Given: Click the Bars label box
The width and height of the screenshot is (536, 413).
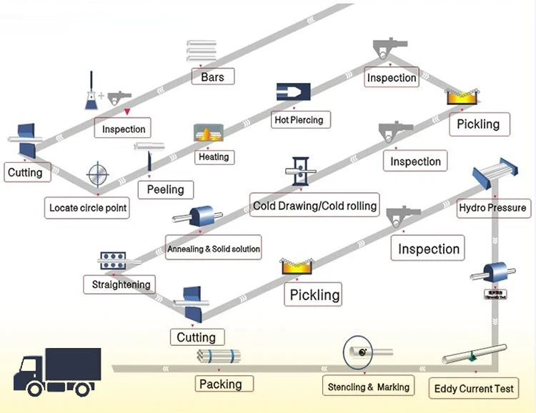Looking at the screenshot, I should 213,76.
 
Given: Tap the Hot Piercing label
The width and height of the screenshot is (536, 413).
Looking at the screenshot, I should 299,119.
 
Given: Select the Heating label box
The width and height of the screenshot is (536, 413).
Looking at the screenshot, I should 214,156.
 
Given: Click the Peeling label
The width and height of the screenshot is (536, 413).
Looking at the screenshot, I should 165,189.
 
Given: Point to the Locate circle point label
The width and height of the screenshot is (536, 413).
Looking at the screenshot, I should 88,208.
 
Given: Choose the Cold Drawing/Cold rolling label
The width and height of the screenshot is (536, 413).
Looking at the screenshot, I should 314,206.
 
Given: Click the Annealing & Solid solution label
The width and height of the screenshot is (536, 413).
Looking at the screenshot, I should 213,249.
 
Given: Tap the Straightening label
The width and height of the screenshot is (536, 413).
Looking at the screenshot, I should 121,284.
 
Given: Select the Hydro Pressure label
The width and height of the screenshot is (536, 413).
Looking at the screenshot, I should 492,208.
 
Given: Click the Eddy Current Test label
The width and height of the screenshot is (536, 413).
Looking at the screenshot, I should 474,389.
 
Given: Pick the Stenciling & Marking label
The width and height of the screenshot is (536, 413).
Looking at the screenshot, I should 368,387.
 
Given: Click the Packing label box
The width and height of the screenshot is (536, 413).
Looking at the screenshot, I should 220,384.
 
